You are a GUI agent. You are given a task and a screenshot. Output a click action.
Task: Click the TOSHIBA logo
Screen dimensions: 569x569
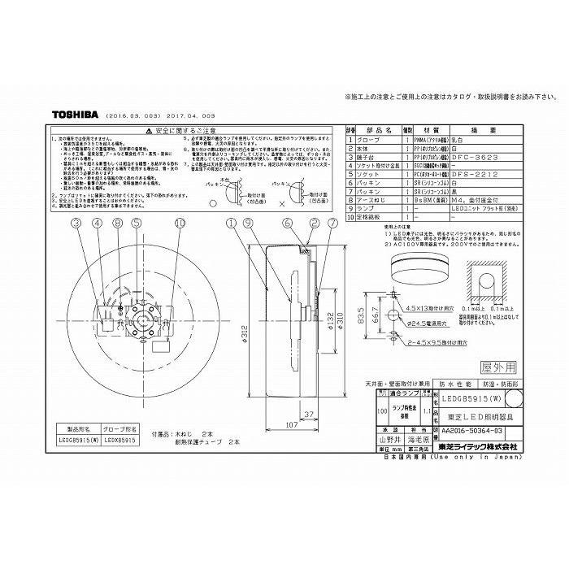pos(77,115)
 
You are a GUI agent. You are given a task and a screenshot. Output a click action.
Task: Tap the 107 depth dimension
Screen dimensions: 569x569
pos(271,424)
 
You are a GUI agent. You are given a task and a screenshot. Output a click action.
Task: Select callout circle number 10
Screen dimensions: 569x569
pos(180,222)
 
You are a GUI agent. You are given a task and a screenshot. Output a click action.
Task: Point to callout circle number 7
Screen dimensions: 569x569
pos(332,222)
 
